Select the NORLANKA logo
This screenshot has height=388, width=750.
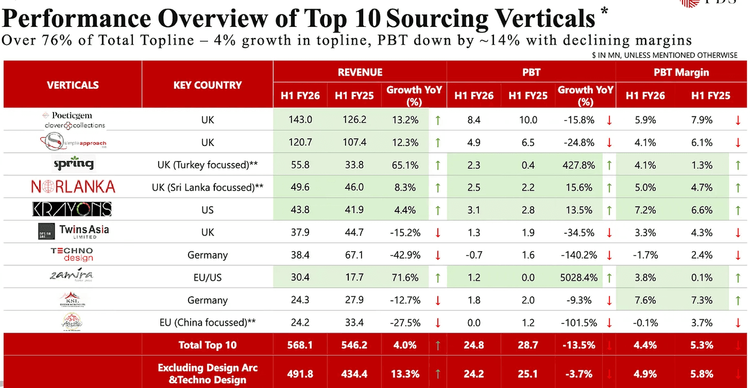tap(73, 187)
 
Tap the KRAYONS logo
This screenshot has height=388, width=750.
tap(73, 209)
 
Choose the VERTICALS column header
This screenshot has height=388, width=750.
tap(73, 85)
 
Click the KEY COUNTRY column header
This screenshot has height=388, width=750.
tap(207, 85)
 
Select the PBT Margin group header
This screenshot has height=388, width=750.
tap(681, 72)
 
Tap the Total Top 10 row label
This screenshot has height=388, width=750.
tap(207, 345)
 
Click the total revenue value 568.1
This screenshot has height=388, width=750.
tap(300, 345)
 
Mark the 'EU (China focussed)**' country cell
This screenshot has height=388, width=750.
tap(207, 323)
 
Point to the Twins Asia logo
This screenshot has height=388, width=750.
tap(73, 232)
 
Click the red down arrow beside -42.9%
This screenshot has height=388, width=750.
tap(438, 255)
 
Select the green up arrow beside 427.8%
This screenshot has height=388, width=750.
tap(609, 165)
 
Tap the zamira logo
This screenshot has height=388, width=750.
tap(73, 276)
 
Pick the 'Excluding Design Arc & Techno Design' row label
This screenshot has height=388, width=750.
tap(207, 373)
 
